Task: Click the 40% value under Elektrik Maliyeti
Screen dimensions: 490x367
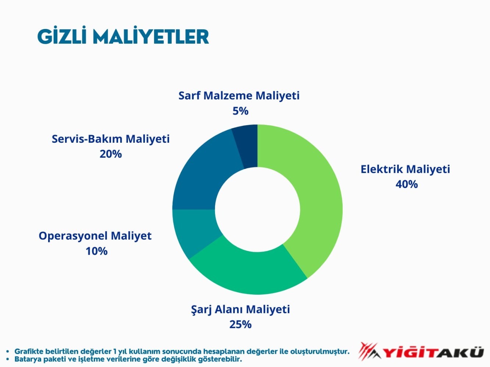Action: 407,184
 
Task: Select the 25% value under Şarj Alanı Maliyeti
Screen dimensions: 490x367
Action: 240,324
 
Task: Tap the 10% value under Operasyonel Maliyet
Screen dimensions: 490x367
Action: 97,251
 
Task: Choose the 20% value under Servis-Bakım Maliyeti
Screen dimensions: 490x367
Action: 111,154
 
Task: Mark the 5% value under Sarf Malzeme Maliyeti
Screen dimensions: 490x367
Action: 240,111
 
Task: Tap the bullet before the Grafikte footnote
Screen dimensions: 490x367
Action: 8,351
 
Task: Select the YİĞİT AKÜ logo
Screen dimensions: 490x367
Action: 421,352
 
